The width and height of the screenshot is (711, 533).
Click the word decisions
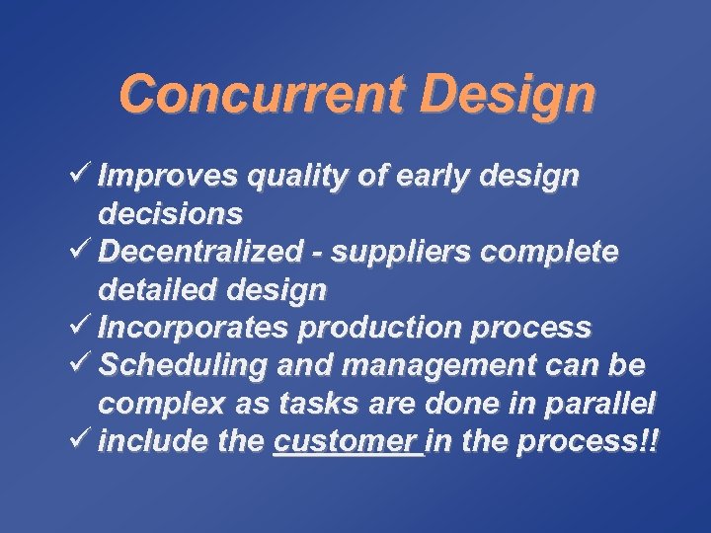170,214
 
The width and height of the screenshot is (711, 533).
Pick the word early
433,177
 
